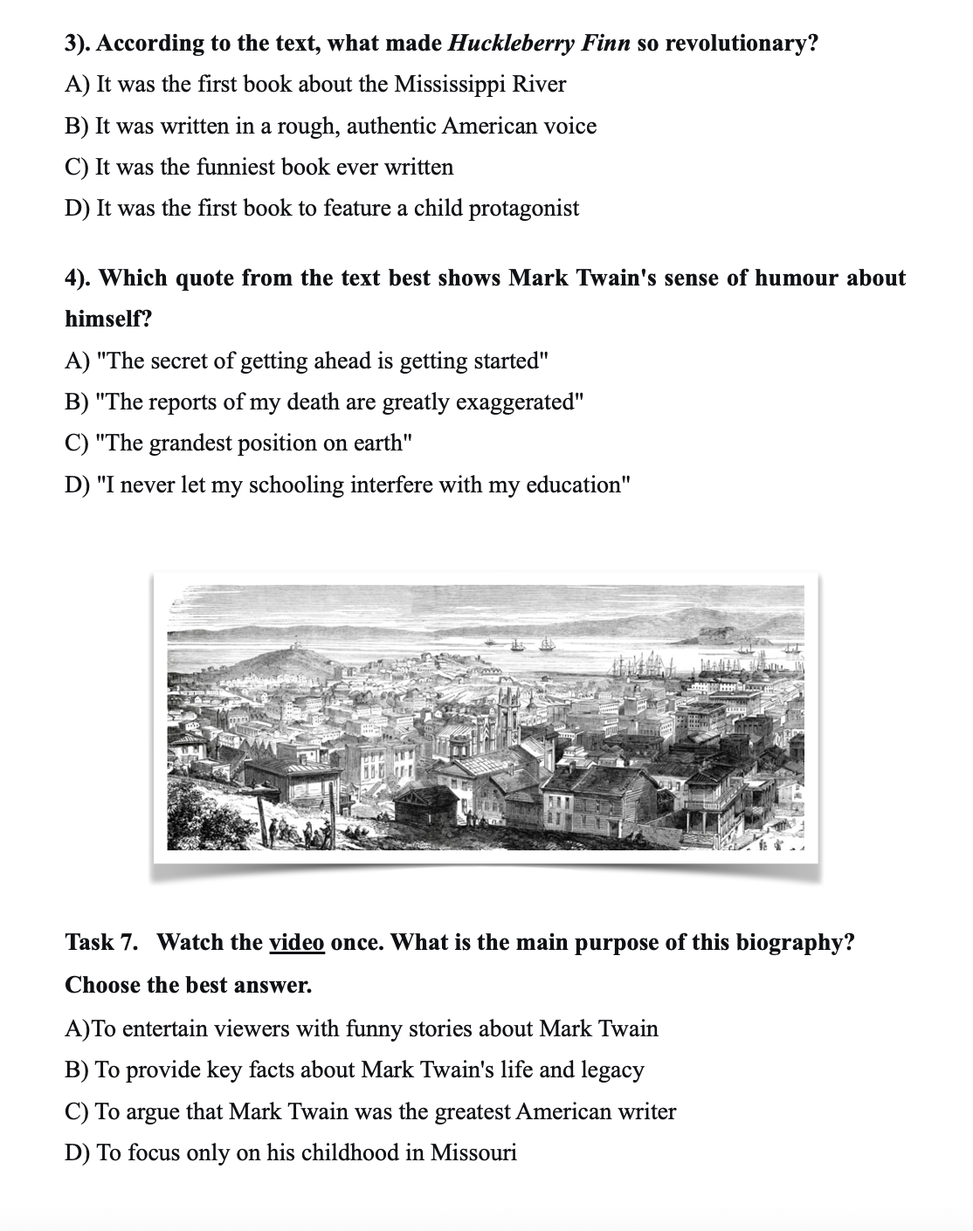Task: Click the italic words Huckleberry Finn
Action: pos(538,44)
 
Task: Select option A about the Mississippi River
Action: pos(315,85)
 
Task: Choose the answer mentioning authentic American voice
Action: pos(331,127)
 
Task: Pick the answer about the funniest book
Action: pos(259,168)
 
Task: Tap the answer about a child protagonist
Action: pos(322,209)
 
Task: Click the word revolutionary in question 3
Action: pos(741,44)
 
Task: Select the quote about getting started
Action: pos(307,361)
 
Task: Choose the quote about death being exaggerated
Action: pos(324,402)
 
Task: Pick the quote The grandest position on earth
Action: pos(238,444)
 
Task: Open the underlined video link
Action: pos(297,943)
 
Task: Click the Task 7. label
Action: pos(101,943)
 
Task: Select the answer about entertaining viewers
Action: pos(362,1028)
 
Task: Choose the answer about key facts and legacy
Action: pos(355,1070)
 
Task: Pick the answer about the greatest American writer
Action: pos(370,1112)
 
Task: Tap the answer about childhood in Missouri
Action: pos(291,1153)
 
